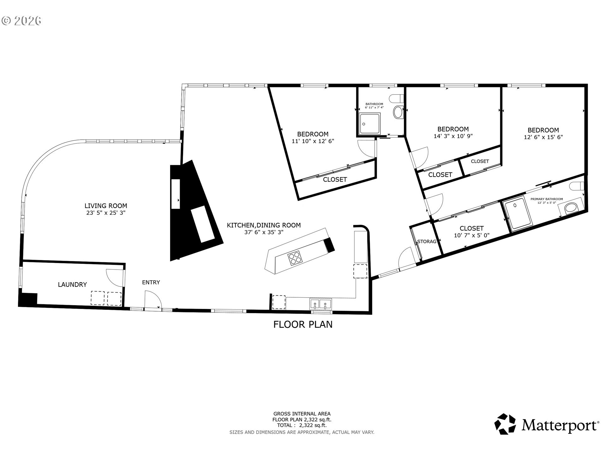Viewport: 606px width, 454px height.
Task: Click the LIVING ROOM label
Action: (106, 206)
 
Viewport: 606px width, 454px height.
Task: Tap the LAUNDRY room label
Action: (72, 285)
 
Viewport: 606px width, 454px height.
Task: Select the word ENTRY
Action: (151, 282)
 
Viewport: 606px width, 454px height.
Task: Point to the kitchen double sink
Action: (320, 304)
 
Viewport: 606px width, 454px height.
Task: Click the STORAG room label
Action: (427, 242)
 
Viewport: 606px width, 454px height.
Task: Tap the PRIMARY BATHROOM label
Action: (547, 199)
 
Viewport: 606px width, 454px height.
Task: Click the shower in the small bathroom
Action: (370, 124)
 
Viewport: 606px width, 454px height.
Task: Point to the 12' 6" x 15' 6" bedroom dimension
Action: (544, 137)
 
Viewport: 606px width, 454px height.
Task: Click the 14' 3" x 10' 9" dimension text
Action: (453, 136)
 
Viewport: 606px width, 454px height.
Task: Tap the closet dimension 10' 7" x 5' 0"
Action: (472, 235)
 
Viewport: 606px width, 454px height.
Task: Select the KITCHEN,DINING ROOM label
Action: (264, 225)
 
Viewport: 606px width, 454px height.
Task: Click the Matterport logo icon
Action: (505, 424)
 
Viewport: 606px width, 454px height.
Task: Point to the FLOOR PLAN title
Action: (303, 324)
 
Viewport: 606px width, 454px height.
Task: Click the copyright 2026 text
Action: (21, 21)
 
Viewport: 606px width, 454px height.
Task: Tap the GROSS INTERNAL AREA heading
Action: (302, 414)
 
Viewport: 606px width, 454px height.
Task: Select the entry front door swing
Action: (153, 299)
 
